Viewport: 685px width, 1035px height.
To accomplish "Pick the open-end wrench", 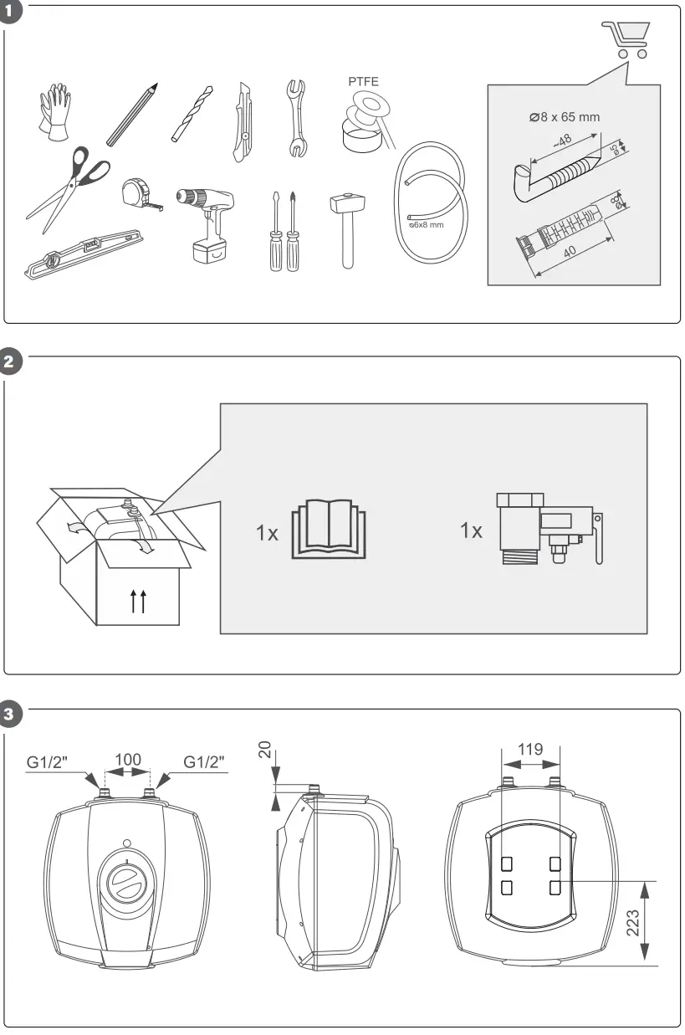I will (294, 118).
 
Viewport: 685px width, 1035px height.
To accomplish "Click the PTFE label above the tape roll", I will (362, 82).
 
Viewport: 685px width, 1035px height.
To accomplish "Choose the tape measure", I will (139, 192).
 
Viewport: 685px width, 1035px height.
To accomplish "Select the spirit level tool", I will (84, 254).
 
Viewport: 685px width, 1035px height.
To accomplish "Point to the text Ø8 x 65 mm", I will (565, 117).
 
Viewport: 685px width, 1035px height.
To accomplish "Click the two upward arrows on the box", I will (139, 601).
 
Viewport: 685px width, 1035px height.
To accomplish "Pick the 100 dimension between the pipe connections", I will (128, 760).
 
